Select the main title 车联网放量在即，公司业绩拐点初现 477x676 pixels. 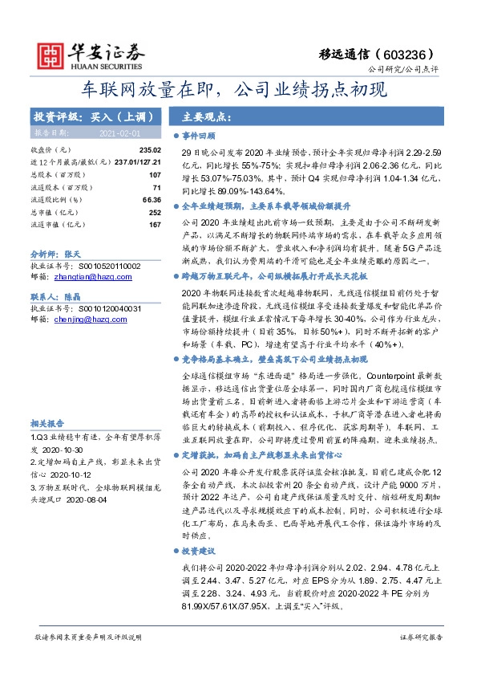[x=238, y=88]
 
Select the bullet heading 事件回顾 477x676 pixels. [x=197, y=136]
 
